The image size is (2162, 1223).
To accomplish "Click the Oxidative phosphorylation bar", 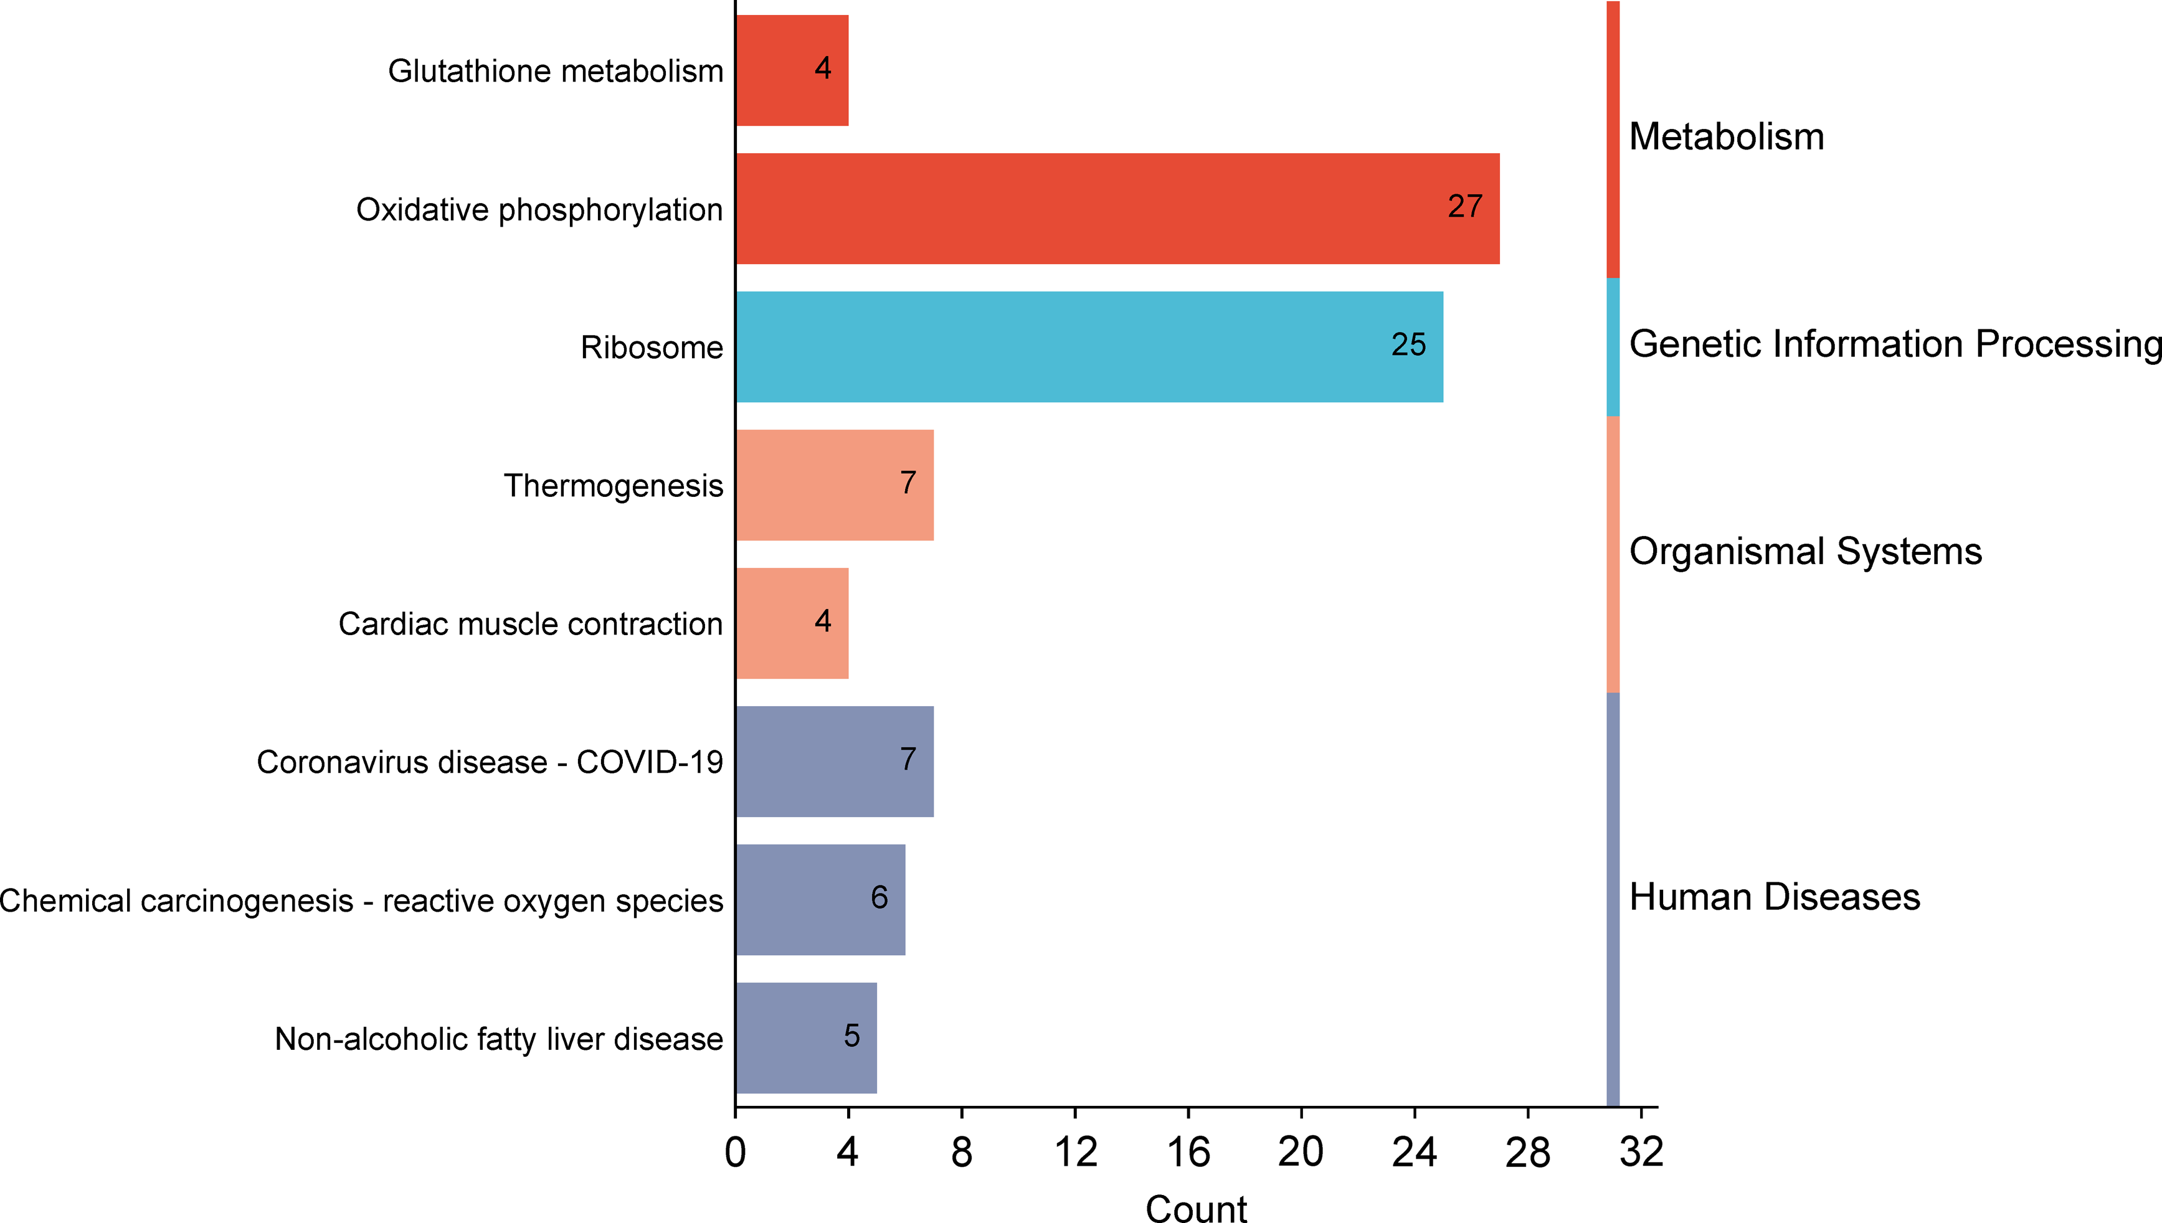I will pos(1117,209).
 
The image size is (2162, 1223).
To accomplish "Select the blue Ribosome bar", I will pos(1089,347).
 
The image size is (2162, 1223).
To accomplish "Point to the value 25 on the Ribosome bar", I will pos(1408,344).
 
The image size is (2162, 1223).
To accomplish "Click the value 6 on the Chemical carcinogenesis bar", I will pos(879,898).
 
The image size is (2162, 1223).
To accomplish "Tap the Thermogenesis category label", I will pos(613,486).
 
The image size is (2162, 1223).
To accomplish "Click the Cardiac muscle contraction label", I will pos(530,624).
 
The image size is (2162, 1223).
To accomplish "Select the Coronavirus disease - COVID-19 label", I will pos(490,762).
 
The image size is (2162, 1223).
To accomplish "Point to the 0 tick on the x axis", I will pos(735,1153).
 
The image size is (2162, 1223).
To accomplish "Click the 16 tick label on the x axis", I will pos(1188,1153).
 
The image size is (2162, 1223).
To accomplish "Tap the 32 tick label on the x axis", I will pos(1641,1153).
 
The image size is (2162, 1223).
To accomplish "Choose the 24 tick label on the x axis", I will pos(1415,1153).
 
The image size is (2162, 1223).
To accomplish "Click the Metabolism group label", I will pos(1726,137).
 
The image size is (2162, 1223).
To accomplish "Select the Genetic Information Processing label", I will pos(1895,344).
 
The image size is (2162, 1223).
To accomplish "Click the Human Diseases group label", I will pos(1774,897).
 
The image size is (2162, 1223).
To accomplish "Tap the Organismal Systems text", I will pos(1805,552).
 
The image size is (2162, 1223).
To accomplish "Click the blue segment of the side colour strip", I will pos(1613,347).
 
